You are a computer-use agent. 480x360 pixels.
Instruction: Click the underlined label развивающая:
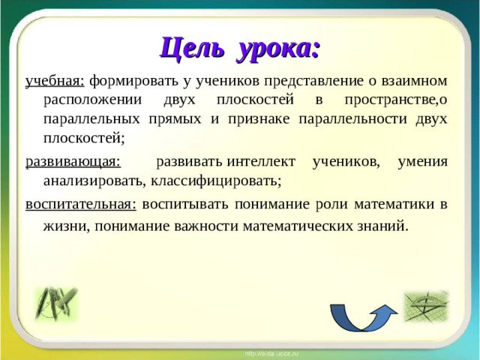tap(72, 161)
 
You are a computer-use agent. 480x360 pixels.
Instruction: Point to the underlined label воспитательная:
tap(80, 204)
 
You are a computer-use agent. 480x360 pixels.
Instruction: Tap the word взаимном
tap(415, 81)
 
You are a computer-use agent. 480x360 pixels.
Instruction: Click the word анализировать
tap(94, 180)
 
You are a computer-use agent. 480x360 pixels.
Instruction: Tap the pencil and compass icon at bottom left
tap(54, 303)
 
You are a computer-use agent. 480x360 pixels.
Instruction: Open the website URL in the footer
tap(271, 352)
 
